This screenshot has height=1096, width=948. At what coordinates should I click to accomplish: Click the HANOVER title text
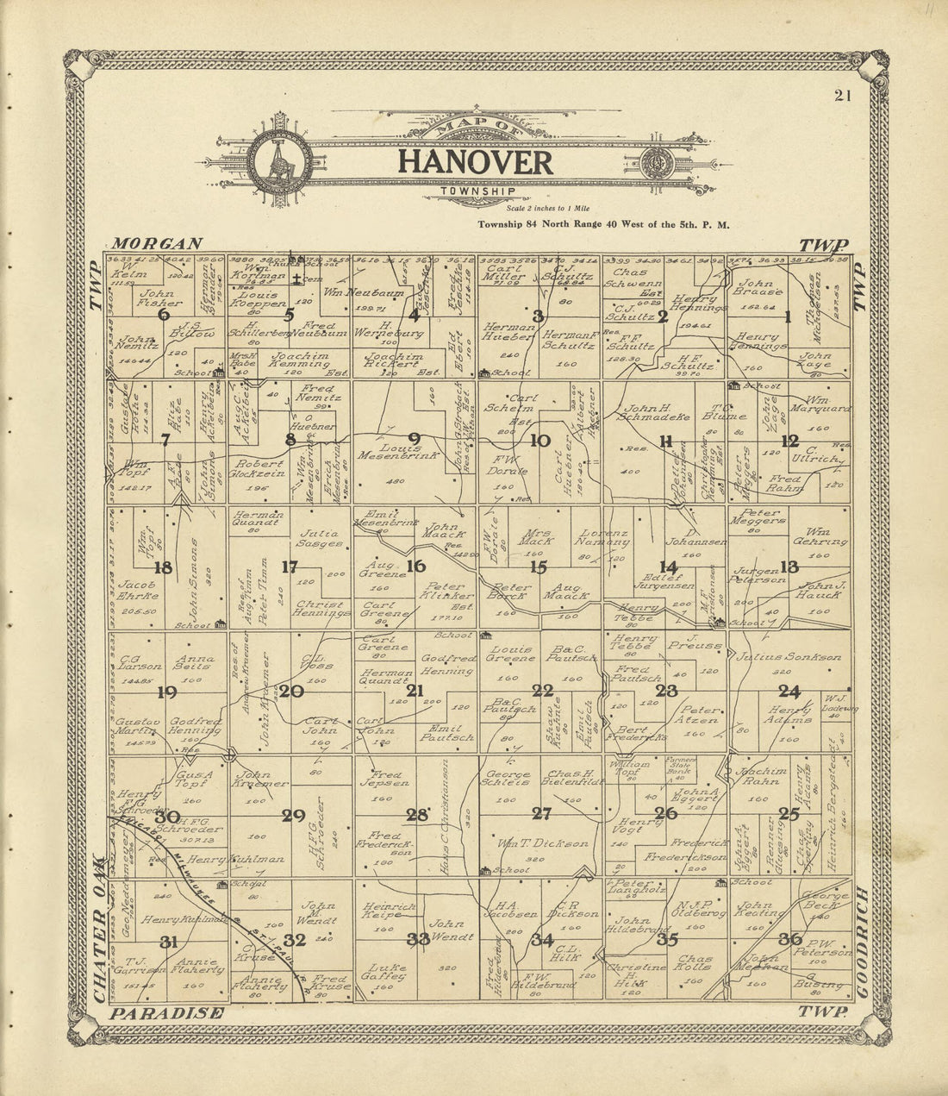(x=475, y=162)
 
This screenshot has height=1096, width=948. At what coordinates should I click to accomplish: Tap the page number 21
(x=842, y=96)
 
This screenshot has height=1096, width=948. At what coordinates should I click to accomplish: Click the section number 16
(x=416, y=567)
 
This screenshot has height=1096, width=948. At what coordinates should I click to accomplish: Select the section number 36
(x=789, y=939)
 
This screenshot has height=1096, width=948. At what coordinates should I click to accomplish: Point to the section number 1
(x=787, y=316)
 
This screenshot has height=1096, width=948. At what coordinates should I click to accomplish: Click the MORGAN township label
(x=157, y=244)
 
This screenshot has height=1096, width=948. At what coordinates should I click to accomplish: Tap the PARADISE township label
(x=167, y=1013)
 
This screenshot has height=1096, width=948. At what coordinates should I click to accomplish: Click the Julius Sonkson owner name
(x=789, y=657)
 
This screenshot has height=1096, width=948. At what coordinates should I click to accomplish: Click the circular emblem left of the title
(x=280, y=160)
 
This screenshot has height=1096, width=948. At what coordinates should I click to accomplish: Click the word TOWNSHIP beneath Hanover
(x=477, y=191)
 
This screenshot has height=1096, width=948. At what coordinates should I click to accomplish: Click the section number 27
(x=541, y=813)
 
